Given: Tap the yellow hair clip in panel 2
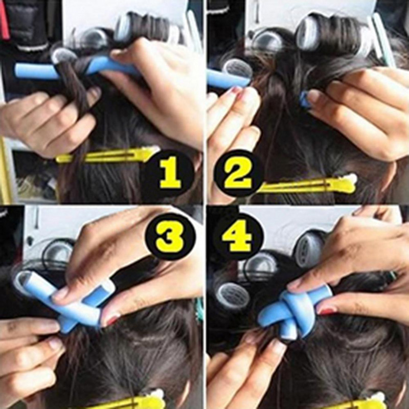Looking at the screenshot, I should tap(307, 185).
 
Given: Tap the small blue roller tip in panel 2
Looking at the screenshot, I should tap(305, 100).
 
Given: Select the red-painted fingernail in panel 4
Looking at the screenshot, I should tap(326, 310).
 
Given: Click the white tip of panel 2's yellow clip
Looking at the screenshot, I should tap(351, 178).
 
